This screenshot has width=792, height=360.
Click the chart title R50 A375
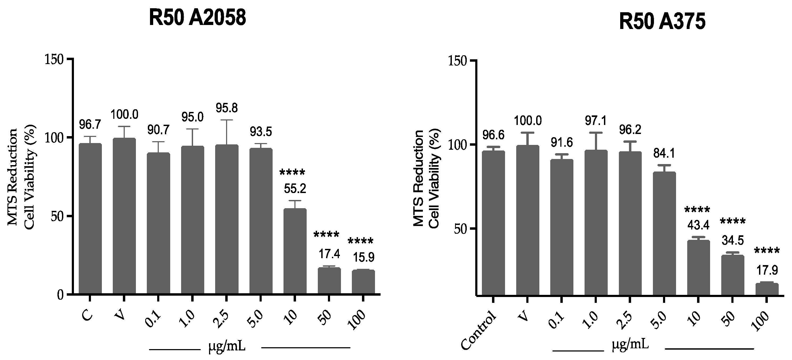[x=662, y=22]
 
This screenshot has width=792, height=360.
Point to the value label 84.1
[x=664, y=153]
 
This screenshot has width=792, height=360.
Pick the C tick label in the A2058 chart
[x=87, y=316]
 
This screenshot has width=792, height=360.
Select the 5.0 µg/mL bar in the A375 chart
[x=664, y=234]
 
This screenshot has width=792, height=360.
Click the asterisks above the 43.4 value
[x=697, y=211]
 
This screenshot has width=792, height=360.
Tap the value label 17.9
[x=767, y=270]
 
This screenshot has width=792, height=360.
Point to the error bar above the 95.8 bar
[x=227, y=132]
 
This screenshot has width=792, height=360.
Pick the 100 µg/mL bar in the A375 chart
[x=767, y=289]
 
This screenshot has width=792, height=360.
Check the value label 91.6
[x=561, y=143]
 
